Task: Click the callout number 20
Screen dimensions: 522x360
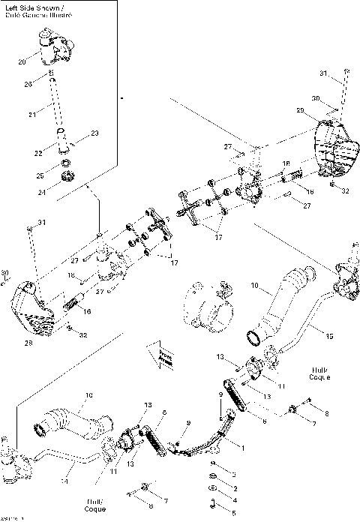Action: (22, 61)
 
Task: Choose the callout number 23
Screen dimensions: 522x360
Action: (94, 133)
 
